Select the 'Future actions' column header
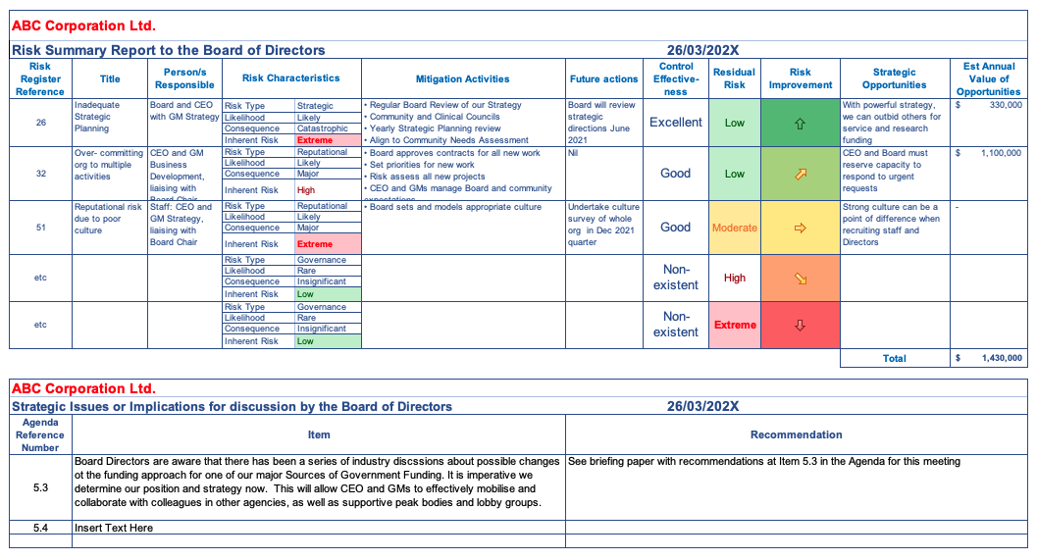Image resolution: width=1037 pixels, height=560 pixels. (604, 79)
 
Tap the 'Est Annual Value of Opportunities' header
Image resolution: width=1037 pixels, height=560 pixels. (989, 79)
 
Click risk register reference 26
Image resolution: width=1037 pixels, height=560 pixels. (40, 123)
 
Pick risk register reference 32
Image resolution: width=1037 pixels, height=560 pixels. (40, 174)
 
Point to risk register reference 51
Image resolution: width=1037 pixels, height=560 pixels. (40, 228)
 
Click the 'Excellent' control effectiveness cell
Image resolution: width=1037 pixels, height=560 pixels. (676, 123)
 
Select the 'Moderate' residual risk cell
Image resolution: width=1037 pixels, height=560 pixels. (735, 228)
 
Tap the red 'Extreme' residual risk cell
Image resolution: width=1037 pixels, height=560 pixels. (735, 325)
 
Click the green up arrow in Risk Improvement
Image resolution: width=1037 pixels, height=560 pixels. (800, 124)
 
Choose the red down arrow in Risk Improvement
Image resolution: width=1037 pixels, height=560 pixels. (800, 326)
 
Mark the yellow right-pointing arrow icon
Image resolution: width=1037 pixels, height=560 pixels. (800, 228)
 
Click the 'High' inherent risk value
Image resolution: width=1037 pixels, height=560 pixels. (306, 190)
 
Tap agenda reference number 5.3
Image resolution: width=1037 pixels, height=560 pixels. (40, 486)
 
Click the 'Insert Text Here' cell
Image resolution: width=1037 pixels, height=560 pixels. (114, 528)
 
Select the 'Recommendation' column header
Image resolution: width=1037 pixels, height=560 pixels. (796, 434)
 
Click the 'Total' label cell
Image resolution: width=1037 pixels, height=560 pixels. (894, 359)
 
